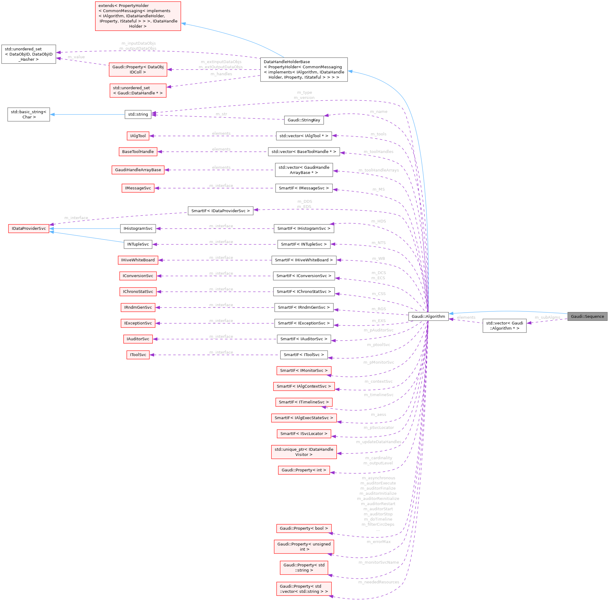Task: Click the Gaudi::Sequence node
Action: coord(587,316)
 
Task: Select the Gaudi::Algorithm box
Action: coord(428,316)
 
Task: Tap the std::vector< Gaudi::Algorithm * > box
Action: coord(504,325)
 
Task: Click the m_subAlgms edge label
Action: coord(547,317)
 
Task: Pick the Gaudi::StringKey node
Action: coord(304,120)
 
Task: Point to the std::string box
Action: coord(138,114)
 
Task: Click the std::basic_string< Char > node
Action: coord(29,114)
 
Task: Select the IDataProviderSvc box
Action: coord(29,229)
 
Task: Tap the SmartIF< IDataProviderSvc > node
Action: coord(220,211)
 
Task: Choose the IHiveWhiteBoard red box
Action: coord(138,260)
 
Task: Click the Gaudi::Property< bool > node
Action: coord(304,528)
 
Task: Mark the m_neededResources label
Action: coord(379,582)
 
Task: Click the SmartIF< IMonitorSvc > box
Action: coord(304,371)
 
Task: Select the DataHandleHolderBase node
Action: coord(304,70)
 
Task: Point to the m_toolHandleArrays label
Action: coord(379,170)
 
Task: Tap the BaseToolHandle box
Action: coord(138,152)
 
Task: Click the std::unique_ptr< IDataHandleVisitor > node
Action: coord(304,452)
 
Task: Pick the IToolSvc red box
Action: coord(138,355)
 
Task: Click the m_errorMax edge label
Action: coord(379,542)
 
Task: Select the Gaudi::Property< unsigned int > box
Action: coord(304,547)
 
